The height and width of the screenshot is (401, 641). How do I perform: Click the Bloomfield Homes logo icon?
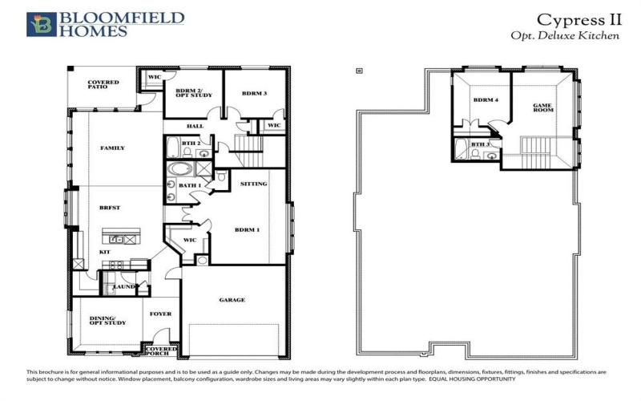(42, 24)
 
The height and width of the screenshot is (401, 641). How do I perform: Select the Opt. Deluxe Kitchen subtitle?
(564, 36)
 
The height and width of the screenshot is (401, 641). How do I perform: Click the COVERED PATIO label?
(103, 85)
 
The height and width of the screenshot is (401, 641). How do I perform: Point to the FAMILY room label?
(112, 148)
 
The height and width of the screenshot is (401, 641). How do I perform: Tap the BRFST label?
(110, 208)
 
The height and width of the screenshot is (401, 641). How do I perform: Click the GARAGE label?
(232, 300)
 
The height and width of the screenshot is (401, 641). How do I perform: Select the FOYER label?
(161, 314)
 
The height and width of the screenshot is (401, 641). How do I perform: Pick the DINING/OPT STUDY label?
(107, 320)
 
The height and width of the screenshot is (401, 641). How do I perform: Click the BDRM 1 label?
(247, 231)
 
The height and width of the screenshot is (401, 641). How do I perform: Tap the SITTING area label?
(253, 184)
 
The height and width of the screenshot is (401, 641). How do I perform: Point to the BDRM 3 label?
(254, 94)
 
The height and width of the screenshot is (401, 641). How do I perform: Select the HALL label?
(195, 126)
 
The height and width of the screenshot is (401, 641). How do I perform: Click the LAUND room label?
(123, 286)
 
